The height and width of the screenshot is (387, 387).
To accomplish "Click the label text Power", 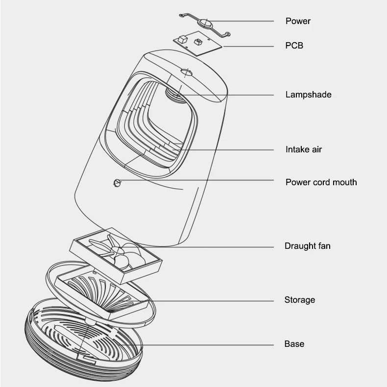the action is [298, 21].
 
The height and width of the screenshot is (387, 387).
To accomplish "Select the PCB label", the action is [294, 46].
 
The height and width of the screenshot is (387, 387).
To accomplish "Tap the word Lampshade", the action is [308, 95].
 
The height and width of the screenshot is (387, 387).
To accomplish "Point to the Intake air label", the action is [303, 149].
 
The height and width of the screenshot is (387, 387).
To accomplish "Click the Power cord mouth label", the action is [321, 182].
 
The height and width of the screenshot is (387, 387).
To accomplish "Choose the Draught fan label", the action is [307, 246].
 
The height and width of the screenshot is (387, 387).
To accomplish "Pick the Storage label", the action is [299, 300].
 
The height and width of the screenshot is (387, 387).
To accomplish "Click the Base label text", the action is [294, 344].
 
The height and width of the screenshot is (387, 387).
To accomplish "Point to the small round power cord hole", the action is [117, 183].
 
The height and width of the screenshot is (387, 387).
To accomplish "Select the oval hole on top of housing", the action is [187, 73].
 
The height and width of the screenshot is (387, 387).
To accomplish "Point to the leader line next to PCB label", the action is [250, 47].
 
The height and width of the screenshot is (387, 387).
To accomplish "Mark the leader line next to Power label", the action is [245, 22].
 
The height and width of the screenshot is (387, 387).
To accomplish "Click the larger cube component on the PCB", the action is [183, 39].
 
